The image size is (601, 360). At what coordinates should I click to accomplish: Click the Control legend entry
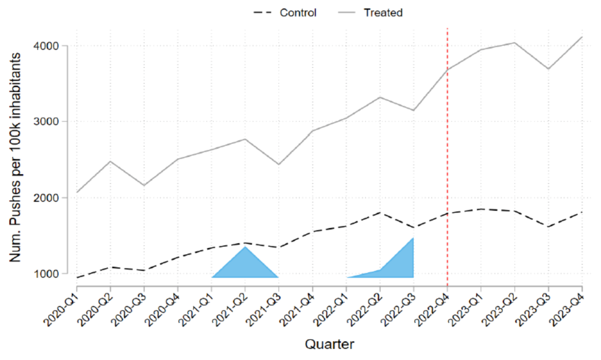297,13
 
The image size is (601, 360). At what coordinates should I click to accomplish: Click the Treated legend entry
383,13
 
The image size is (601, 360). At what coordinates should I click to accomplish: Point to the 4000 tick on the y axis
46,46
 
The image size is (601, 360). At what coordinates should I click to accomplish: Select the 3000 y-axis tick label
46,121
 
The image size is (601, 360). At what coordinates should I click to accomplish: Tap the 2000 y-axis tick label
46,197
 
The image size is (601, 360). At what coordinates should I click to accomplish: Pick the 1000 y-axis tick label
46,274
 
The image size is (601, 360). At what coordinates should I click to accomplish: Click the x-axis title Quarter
329,344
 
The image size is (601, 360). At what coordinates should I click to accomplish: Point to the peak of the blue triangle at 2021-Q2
245,247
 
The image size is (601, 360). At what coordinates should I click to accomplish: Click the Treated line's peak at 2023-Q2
514,43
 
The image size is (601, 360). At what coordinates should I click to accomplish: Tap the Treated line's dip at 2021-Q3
279,164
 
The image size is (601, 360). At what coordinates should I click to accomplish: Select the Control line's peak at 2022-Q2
380,212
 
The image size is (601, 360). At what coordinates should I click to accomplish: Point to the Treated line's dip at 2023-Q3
548,69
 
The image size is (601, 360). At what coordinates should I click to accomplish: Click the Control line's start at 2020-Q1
77,277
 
